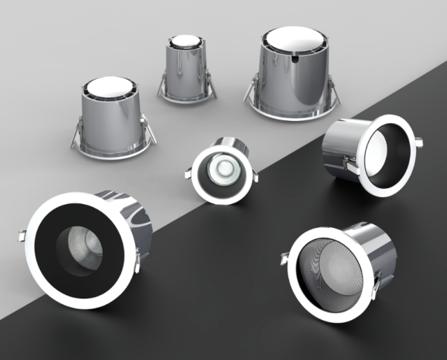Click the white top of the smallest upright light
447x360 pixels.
pos(186,41)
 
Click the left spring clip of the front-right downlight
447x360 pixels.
pos(286,259)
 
